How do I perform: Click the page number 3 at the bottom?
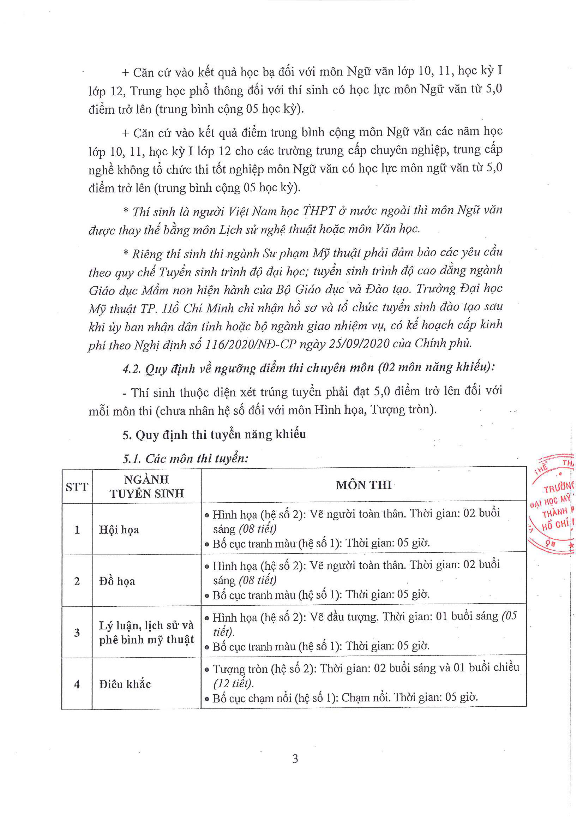[x=295, y=759]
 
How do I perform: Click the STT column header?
[x=77, y=487]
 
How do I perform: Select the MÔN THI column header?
[x=363, y=485]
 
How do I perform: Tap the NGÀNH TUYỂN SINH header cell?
[x=146, y=486]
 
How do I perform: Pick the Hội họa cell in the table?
[x=119, y=529]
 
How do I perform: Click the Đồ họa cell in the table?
[x=117, y=581]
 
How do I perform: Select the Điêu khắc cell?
[x=125, y=684]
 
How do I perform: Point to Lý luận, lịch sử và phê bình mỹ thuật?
[x=146, y=633]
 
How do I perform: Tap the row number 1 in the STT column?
[x=77, y=529]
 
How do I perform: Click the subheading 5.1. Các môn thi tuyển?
[x=185, y=459]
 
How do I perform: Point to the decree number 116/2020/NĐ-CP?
[x=250, y=344]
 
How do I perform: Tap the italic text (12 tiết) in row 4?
[x=234, y=683]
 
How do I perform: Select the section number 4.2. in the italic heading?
[x=132, y=369]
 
